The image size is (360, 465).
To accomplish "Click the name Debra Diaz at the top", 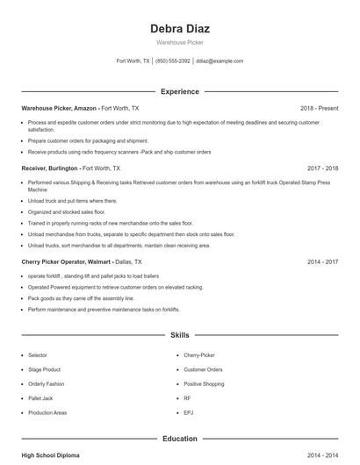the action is [179, 29].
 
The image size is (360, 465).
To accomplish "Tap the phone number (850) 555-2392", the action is [173, 61].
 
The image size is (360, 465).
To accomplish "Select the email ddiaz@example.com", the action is [220, 61].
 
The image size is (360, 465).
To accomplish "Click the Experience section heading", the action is [179, 91].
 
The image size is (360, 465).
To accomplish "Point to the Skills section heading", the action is [179, 335].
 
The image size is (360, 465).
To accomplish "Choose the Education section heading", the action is [179, 438].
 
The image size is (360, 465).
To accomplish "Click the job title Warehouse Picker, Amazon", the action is [59, 108].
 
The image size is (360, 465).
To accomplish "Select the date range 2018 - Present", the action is [319, 108].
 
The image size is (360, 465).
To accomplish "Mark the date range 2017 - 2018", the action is [322, 168].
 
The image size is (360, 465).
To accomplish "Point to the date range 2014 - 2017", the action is [322, 261].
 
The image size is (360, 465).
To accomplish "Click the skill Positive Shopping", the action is [204, 383].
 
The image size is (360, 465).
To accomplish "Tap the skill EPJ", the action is [188, 411].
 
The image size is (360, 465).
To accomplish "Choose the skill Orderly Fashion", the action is [47, 383].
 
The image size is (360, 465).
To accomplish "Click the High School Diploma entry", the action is [51, 455].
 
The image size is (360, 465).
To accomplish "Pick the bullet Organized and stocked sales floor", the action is [67, 211].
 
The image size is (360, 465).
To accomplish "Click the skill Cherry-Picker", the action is [198, 355].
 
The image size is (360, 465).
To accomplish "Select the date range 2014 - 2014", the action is [322, 455].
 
